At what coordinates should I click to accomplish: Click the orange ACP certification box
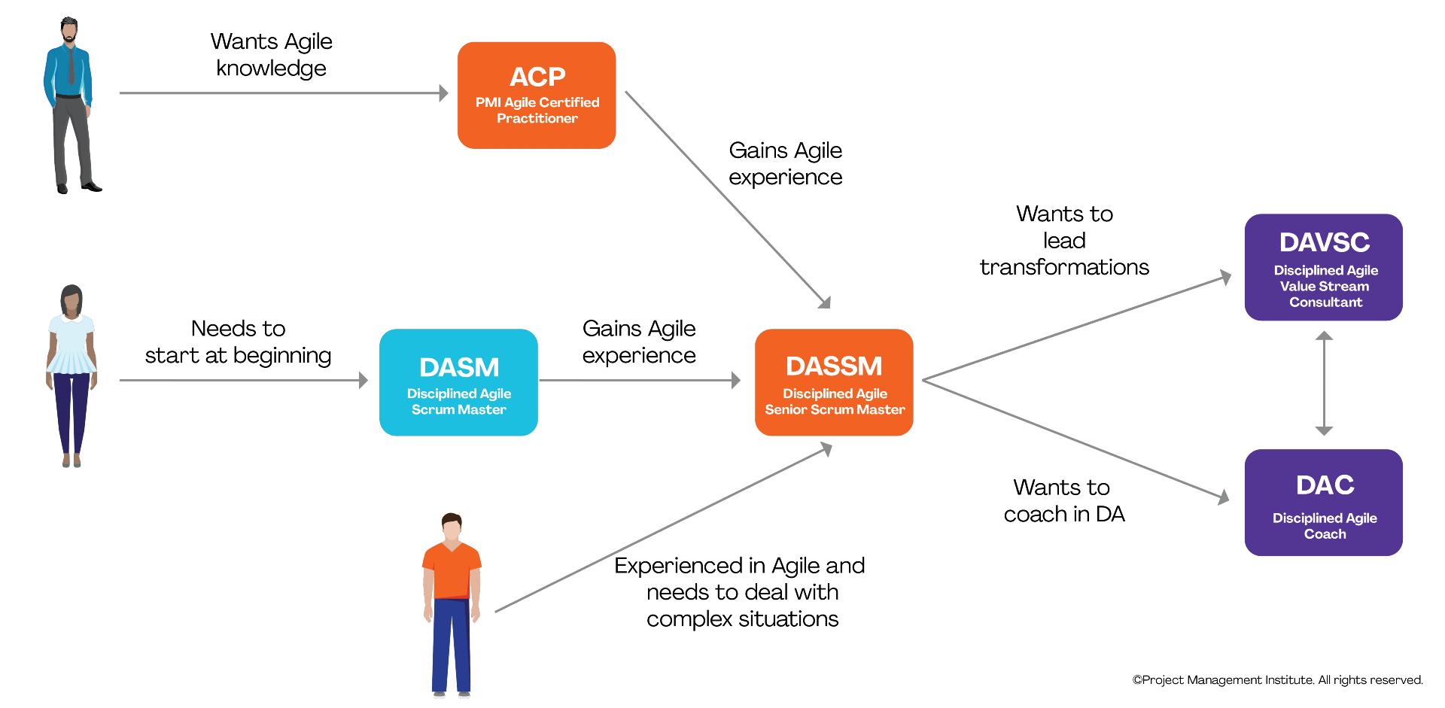(537, 95)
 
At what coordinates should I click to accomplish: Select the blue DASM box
(458, 382)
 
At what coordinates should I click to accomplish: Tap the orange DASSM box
(834, 382)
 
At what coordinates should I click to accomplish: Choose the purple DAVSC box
(1324, 267)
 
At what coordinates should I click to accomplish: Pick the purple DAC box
(1324, 503)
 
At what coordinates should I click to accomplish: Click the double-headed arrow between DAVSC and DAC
(1324, 384)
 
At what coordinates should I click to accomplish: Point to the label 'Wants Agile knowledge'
(272, 54)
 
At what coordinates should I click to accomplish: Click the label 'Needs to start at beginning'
(239, 342)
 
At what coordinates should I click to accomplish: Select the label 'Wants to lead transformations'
(1064, 240)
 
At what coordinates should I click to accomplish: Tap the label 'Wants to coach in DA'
(1063, 500)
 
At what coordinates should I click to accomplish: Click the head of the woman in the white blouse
(71, 300)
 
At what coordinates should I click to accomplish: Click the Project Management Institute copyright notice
(1278, 680)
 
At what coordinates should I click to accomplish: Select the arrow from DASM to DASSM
(640, 381)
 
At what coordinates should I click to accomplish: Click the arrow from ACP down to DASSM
(726, 199)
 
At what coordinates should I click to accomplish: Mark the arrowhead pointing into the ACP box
(444, 93)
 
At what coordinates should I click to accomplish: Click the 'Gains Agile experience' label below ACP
(786, 163)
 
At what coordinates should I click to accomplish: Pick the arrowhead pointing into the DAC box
(1223, 497)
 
